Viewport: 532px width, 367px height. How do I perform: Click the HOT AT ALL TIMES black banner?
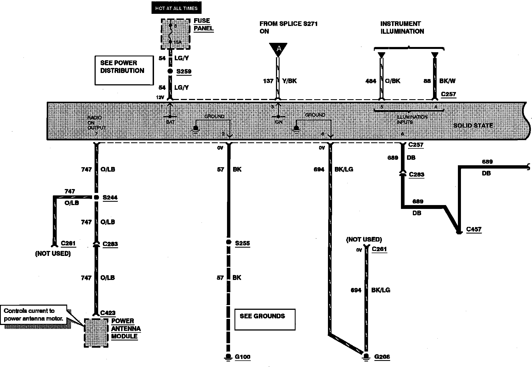[176, 8]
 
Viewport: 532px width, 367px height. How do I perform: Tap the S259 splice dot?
[170, 71]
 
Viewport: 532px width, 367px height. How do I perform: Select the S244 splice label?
[110, 198]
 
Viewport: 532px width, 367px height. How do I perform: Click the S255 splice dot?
[228, 242]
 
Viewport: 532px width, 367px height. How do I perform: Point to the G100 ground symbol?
[228, 357]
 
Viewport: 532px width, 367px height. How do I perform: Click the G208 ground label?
[382, 357]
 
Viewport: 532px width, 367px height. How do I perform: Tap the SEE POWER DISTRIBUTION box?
[124, 70]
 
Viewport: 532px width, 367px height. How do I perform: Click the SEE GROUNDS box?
[265, 319]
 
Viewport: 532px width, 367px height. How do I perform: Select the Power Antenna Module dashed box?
[96, 333]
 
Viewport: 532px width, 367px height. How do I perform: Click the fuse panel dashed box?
[176, 34]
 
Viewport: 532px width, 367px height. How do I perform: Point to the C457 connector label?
[474, 229]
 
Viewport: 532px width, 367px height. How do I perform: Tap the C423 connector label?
[108, 313]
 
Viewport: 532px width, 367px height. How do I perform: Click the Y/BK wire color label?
[289, 81]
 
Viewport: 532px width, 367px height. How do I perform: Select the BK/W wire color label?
[447, 81]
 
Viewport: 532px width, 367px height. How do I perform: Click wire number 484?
[371, 81]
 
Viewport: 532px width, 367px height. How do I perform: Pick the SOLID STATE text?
[473, 125]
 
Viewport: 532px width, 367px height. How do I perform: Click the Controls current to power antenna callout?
[33, 314]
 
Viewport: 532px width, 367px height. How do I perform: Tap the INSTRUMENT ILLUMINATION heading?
[402, 28]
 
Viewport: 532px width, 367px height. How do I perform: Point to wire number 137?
[268, 81]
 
